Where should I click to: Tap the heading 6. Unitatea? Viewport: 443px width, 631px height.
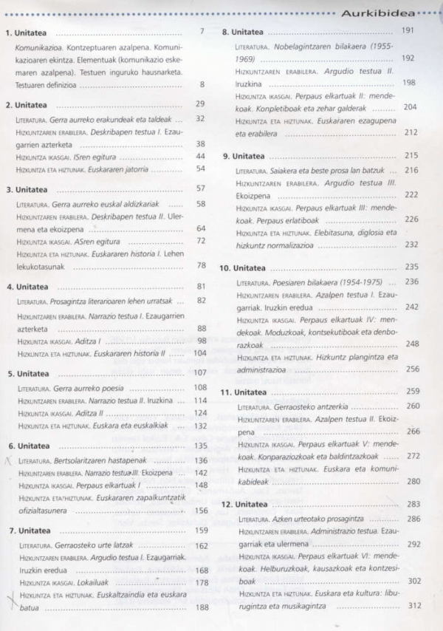click(29, 446)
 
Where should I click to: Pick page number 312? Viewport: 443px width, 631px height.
click(413, 605)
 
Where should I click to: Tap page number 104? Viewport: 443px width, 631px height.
click(199, 353)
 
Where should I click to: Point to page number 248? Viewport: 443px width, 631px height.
click(412, 344)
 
